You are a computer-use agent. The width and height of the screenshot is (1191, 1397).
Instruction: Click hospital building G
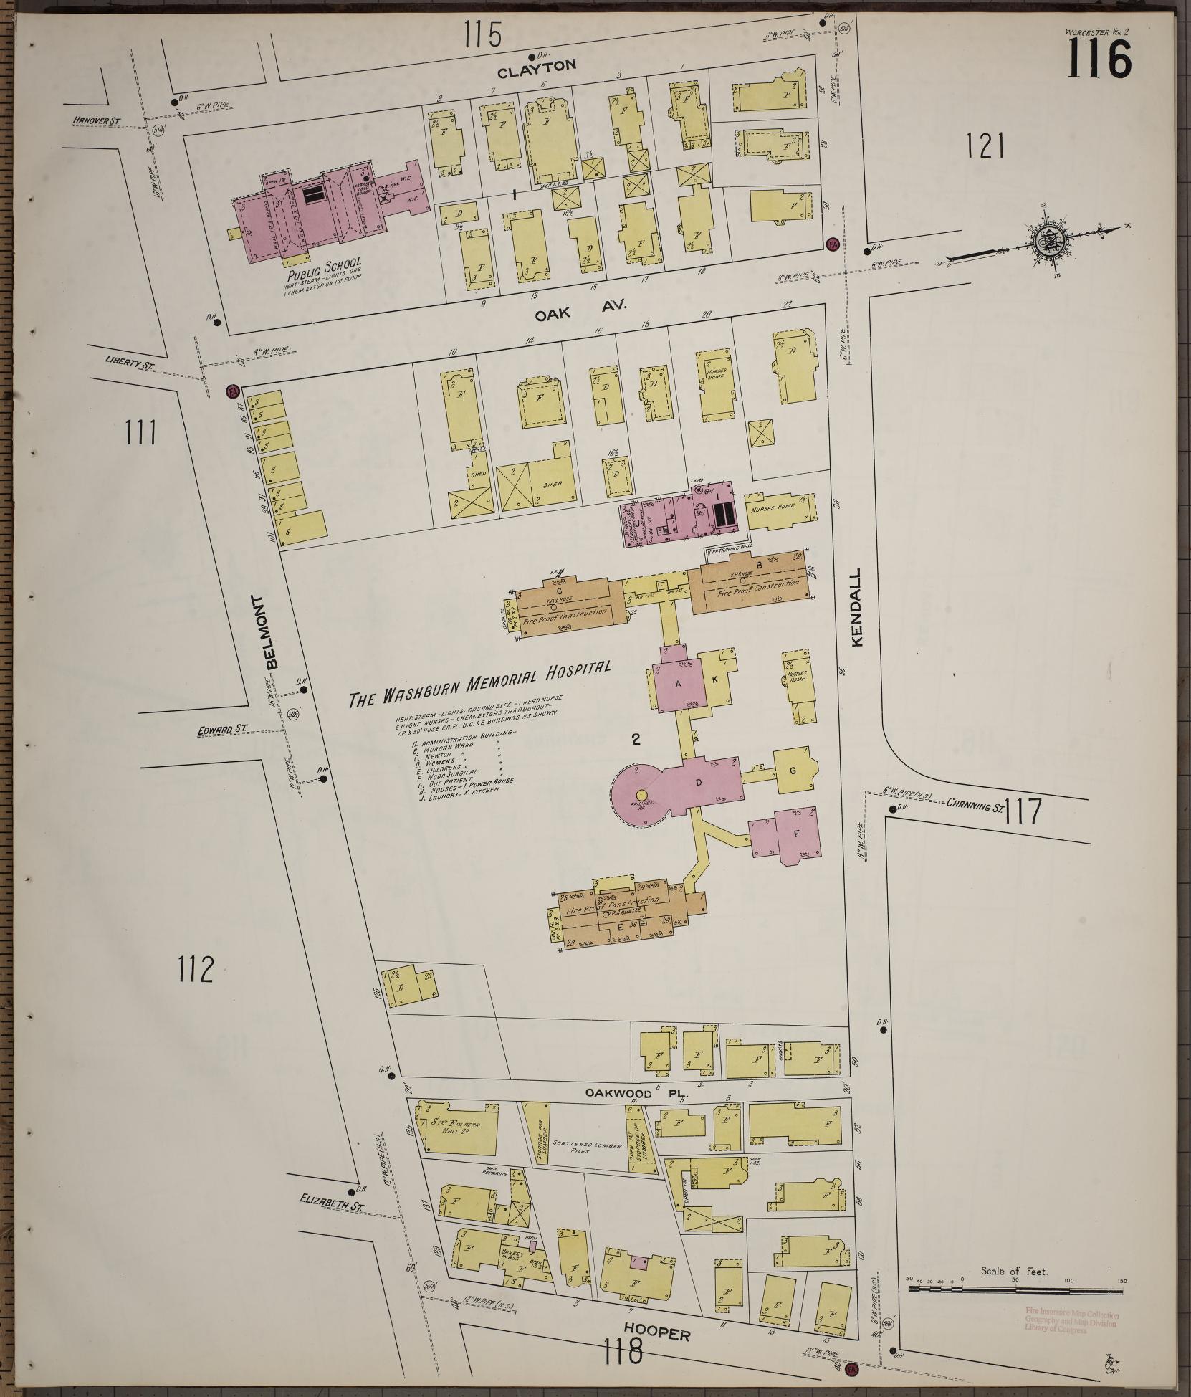(794, 770)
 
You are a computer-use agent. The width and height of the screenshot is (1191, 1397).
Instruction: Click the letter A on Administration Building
(677, 684)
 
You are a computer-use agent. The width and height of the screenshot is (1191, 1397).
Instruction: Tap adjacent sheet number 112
(196, 971)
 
